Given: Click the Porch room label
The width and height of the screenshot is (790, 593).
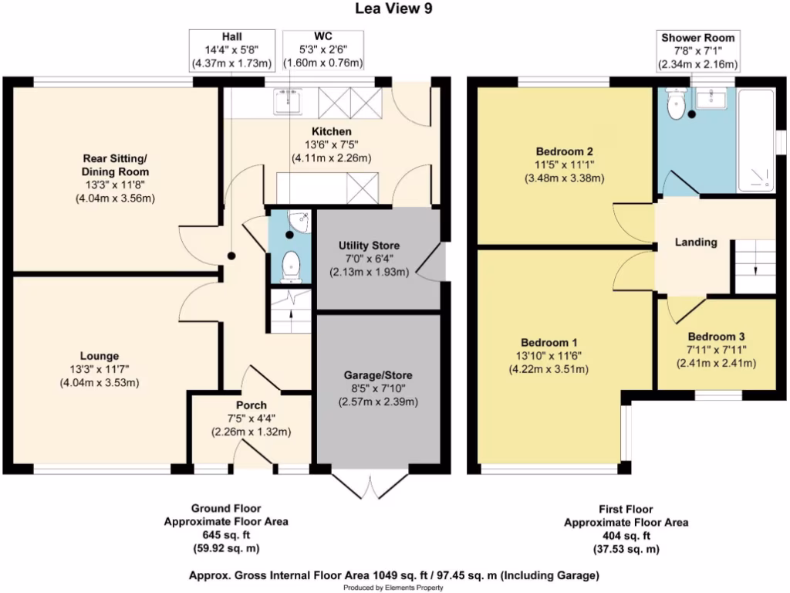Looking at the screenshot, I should click(252, 405).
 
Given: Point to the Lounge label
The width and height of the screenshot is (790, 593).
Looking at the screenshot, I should click(98, 356).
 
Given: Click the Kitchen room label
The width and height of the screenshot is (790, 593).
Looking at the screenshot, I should click(332, 131).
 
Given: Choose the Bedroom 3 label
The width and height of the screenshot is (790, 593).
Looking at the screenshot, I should click(716, 337).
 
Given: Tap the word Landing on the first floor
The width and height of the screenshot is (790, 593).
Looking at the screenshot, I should click(696, 242).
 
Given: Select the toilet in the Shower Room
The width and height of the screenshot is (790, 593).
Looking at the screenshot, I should click(676, 107).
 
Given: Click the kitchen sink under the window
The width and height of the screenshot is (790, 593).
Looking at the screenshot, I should click(290, 100).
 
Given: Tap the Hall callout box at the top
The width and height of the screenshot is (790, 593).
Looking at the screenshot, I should click(231, 49).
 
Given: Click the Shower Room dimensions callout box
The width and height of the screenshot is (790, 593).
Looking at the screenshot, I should click(697, 51).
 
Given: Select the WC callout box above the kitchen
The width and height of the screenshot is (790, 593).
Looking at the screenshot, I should click(323, 49).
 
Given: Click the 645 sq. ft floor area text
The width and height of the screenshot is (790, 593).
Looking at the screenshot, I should click(226, 535).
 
